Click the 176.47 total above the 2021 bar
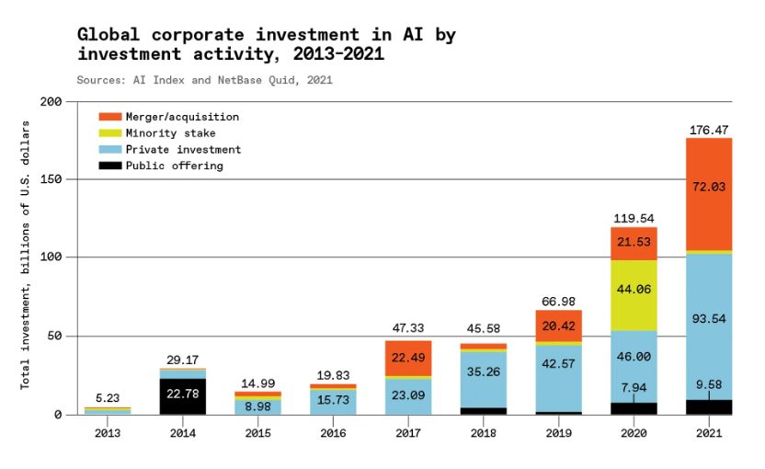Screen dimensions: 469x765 pyautogui.click(x=708, y=131)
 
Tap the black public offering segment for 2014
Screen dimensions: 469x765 pyautogui.click(x=182, y=396)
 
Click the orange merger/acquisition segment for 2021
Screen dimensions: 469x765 pyautogui.click(x=708, y=193)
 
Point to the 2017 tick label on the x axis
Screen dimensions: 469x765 pyautogui.click(x=407, y=432)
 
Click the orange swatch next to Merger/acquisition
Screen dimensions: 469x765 pyautogui.click(x=110, y=117)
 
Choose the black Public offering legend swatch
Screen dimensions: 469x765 pyautogui.click(x=110, y=166)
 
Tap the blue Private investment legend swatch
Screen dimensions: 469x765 pyautogui.click(x=110, y=150)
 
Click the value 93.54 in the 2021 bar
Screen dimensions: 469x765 pyautogui.click(x=708, y=319)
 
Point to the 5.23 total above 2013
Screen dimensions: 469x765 pyautogui.click(x=108, y=398)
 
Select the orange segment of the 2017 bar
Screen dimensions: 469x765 pyautogui.click(x=407, y=358)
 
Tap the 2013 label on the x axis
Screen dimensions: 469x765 pyautogui.click(x=108, y=432)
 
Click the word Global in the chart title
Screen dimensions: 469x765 pyautogui.click(x=108, y=35)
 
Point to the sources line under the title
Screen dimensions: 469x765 pyautogui.click(x=204, y=80)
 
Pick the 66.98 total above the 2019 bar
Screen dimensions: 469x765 pyautogui.click(x=557, y=302)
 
